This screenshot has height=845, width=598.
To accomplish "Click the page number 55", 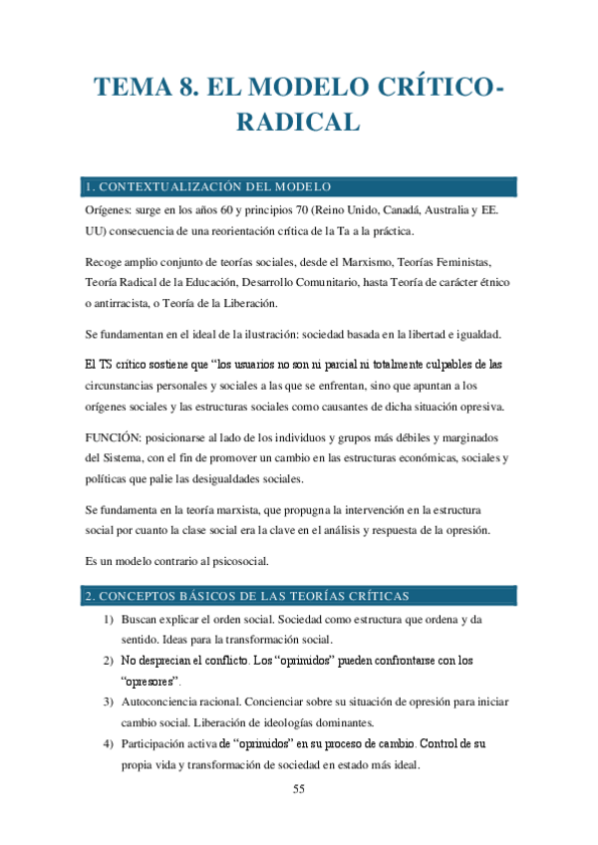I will point(299,789).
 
